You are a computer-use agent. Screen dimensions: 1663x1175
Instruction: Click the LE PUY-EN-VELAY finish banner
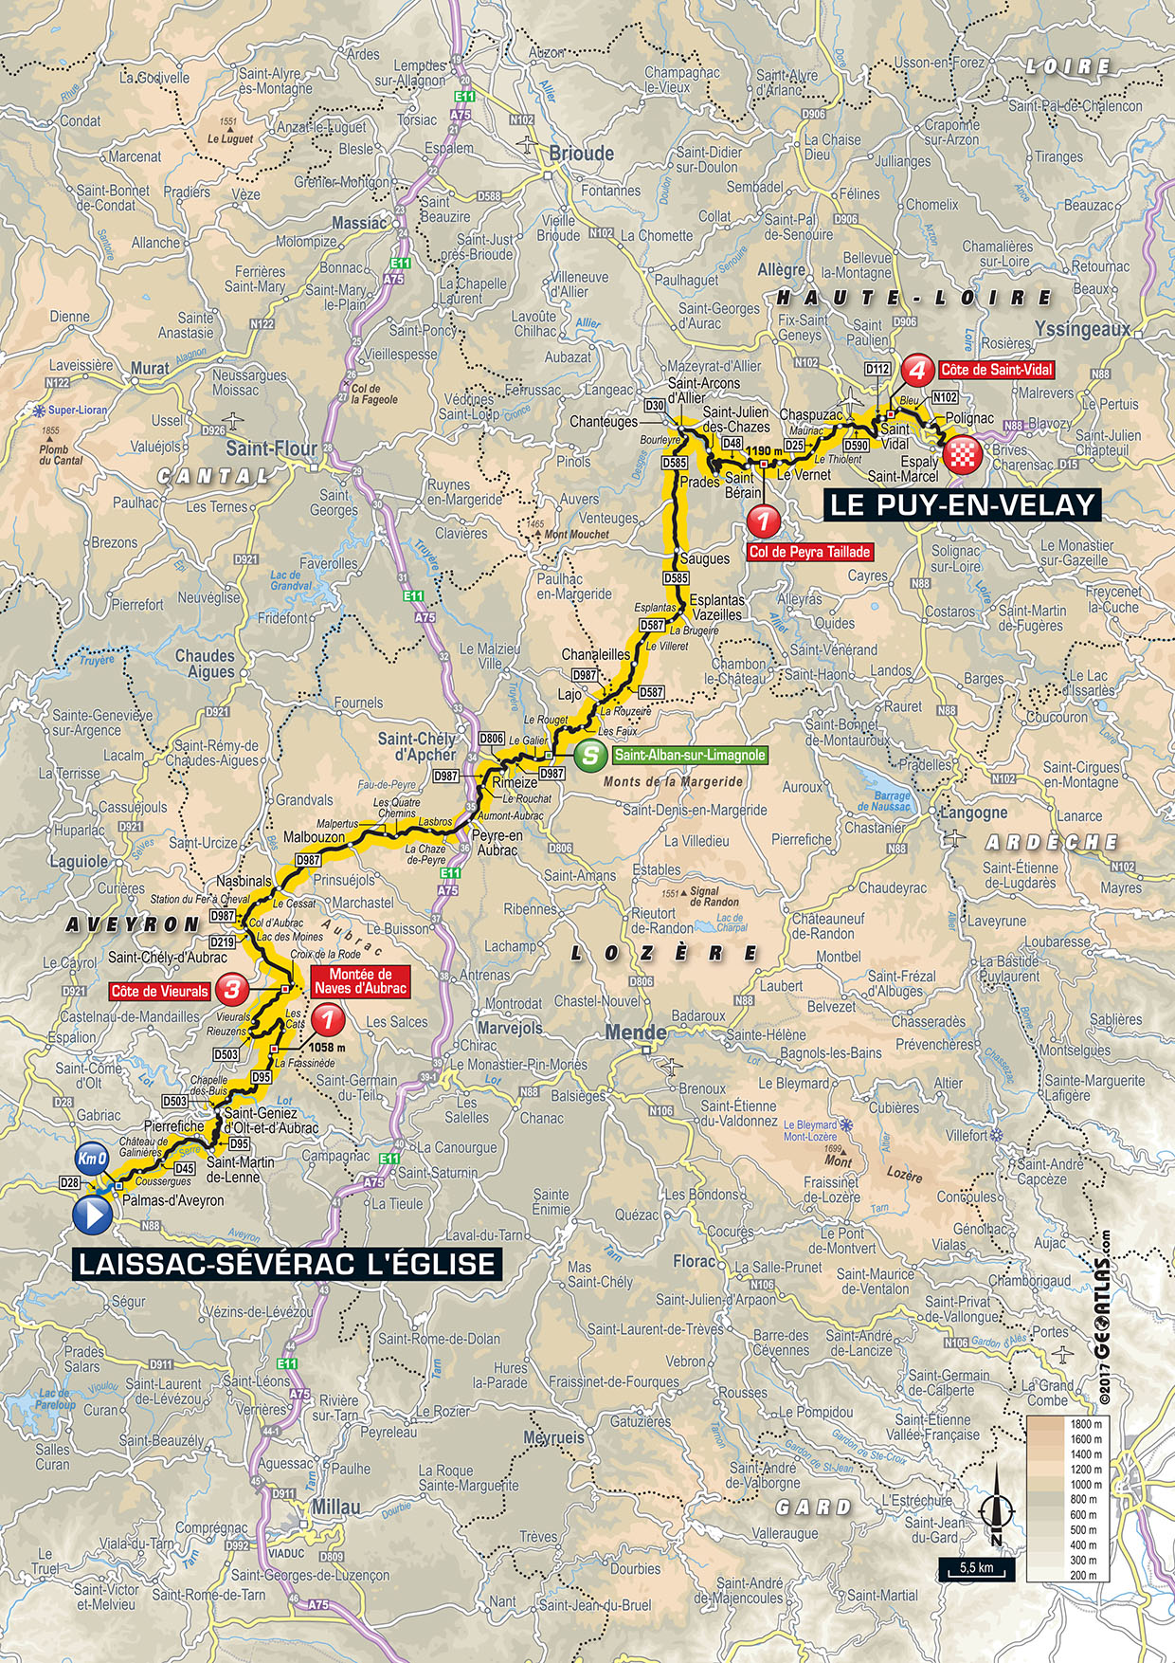coord(962,504)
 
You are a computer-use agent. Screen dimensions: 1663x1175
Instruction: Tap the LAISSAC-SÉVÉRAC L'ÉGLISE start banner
coord(286,1263)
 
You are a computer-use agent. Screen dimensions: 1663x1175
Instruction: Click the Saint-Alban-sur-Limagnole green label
coord(689,756)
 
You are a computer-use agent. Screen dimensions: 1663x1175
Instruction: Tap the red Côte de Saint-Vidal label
coord(996,370)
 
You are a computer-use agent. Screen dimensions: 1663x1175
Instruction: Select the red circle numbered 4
coord(916,369)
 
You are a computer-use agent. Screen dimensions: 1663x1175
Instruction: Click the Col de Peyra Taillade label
coord(809,551)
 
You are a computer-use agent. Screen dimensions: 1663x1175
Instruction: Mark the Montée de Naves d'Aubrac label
coord(360,981)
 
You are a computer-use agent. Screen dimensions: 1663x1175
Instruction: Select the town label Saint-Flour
coord(271,449)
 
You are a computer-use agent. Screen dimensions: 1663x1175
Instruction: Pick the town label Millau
coord(335,1507)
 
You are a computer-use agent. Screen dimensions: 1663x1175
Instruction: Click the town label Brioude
coord(582,154)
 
